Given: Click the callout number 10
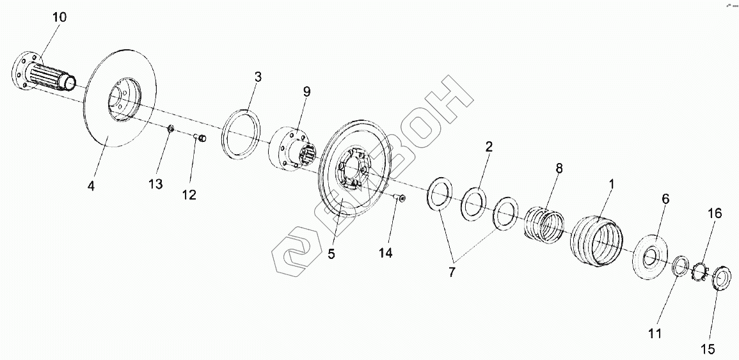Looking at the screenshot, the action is tap(59, 17).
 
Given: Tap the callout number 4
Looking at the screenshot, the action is tap(91, 186).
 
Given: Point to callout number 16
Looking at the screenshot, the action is tap(714, 214).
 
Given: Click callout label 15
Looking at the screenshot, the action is tap(707, 349).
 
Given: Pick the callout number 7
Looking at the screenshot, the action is tap(452, 272).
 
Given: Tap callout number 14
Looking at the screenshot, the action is tap(385, 253).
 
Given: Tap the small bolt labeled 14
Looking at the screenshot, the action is tap(401, 200).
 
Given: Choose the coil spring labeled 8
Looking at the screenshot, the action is tap(546, 224).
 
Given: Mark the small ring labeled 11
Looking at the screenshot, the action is tap(681, 265).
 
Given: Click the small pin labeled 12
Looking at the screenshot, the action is tap(200, 137).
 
